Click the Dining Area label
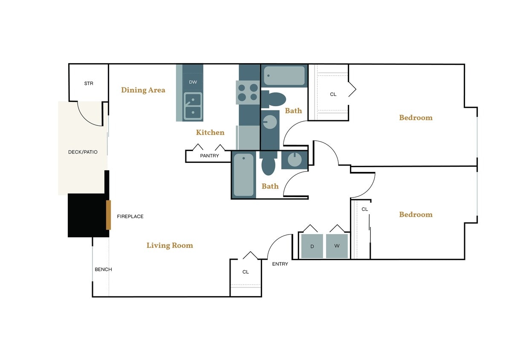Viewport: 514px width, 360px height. click(143, 90)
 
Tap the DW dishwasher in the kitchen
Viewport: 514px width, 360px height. click(193, 82)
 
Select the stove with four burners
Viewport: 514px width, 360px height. click(248, 92)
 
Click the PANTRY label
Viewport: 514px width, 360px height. click(209, 156)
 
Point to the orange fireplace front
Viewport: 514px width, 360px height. click(109, 215)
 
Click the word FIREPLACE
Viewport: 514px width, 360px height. click(130, 217)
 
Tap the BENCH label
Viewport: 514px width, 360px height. click(103, 270)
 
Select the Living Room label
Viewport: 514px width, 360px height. click(170, 245)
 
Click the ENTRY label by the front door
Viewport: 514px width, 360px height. click(280, 264)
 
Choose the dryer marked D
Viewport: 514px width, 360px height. click(312, 246)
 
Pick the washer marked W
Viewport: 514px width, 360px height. click(337, 246)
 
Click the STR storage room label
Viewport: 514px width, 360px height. click(89, 84)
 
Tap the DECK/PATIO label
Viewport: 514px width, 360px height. click(83, 152)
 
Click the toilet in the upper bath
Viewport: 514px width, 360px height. click(274, 99)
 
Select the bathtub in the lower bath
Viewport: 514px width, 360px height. click(243, 175)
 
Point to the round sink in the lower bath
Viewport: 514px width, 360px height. click(294, 160)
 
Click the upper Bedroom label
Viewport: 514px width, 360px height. click(416, 118)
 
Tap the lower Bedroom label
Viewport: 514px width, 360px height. click(416, 215)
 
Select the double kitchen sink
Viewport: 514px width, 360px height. click(193, 106)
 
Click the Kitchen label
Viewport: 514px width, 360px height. click(210, 133)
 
